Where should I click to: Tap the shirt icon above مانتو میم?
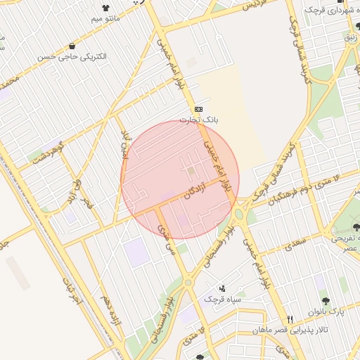pyautogui.click(x=106, y=11)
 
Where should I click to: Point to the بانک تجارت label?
pyautogui.click(x=199, y=120)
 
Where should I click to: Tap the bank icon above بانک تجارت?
pyautogui.click(x=199, y=109)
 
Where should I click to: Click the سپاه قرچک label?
pyautogui.click(x=222, y=300)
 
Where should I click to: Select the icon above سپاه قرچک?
pyautogui.click(x=222, y=288)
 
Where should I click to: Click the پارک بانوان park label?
pyautogui.click(x=328, y=311)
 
